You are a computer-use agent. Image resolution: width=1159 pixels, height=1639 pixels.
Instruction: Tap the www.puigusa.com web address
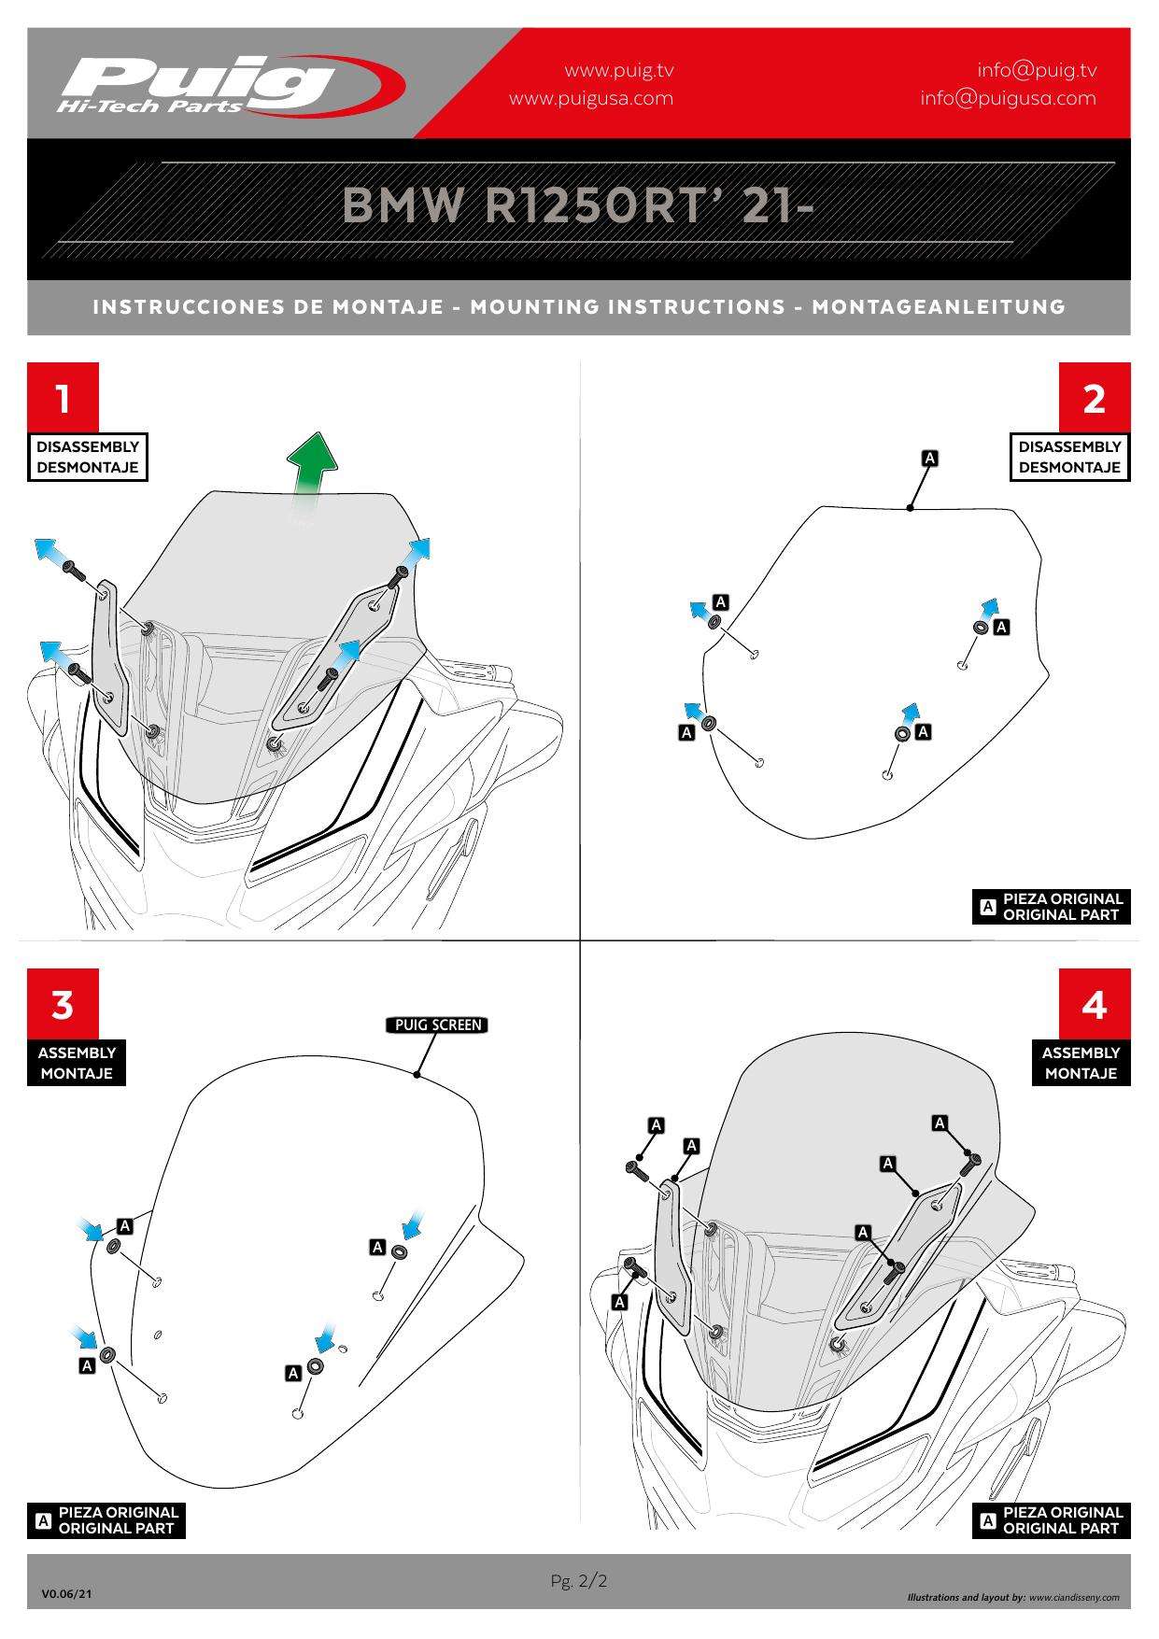point(590,98)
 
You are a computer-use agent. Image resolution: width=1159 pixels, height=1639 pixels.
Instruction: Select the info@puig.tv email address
point(1037,70)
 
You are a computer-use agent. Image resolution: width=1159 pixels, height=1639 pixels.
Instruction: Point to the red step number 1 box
point(63,399)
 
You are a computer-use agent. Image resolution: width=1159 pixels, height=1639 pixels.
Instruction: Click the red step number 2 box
point(1094,399)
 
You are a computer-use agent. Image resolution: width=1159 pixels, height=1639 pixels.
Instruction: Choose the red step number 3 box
point(63,1005)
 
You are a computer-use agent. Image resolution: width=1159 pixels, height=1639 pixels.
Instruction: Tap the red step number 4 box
point(1094,1005)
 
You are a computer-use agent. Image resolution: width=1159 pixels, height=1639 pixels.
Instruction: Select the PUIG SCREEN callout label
point(437,1025)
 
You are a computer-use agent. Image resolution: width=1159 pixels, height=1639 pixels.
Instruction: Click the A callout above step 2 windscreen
point(929,459)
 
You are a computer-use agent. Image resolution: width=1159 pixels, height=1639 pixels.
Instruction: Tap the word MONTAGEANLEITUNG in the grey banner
point(939,306)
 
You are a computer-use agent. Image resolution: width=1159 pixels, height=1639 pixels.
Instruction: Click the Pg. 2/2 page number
point(579,1581)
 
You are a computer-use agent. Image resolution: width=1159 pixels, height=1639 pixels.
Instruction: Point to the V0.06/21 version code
point(66,1594)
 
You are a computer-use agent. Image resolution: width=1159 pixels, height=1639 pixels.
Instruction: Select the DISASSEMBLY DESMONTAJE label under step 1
point(87,457)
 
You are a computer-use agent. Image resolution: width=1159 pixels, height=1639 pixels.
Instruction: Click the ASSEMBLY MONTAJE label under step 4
point(1081,1063)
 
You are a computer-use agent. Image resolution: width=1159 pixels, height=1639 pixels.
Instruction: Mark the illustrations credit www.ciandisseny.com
point(1074,1598)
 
